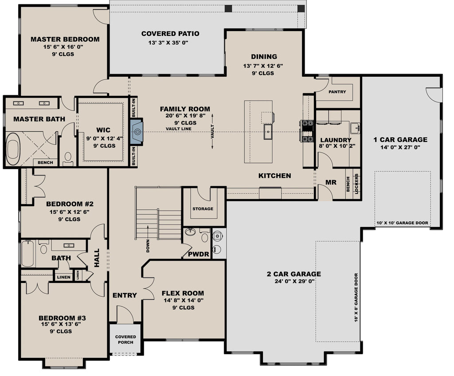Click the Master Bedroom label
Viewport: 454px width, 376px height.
[65, 39]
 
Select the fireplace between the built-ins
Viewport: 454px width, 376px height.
[137, 132]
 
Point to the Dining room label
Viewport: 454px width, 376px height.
[264, 56]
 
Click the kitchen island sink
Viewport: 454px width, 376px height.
[268, 132]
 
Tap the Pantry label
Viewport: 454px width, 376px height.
[337, 92]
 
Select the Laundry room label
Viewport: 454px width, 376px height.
[336, 140]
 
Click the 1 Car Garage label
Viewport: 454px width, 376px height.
[400, 139]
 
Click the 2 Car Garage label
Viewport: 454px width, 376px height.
[294, 274]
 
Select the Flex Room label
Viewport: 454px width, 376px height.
[183, 293]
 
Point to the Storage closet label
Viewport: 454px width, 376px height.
[203, 208]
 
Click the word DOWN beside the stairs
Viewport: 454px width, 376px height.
[148, 246]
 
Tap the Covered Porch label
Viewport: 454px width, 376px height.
[125, 339]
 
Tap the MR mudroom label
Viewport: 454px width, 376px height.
[331, 182]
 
